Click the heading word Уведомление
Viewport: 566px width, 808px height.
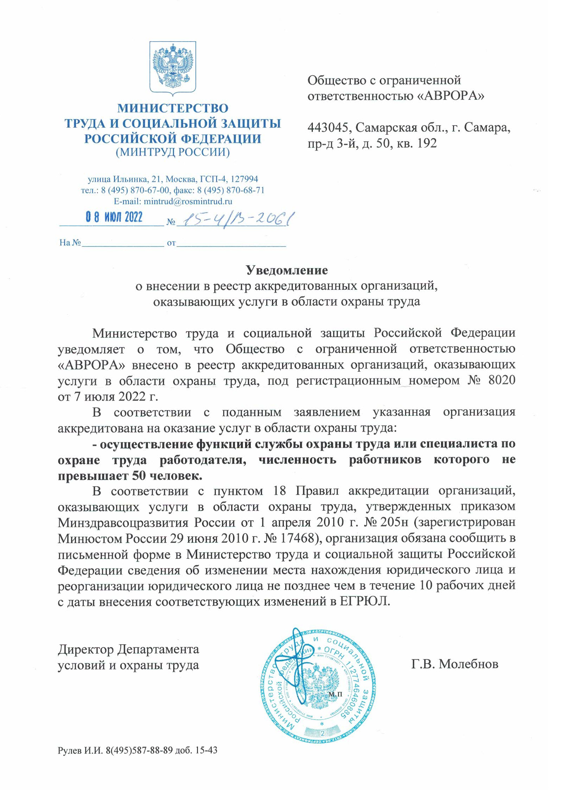click(286, 270)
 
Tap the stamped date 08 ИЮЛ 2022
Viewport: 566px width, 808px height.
click(114, 217)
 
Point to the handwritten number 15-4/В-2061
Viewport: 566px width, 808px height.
click(234, 219)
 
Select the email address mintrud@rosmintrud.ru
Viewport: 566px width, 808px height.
click(187, 201)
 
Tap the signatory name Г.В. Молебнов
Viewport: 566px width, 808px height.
click(454, 664)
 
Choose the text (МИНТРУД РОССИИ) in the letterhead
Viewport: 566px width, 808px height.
click(172, 152)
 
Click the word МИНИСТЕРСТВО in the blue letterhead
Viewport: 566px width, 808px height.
click(172, 108)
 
